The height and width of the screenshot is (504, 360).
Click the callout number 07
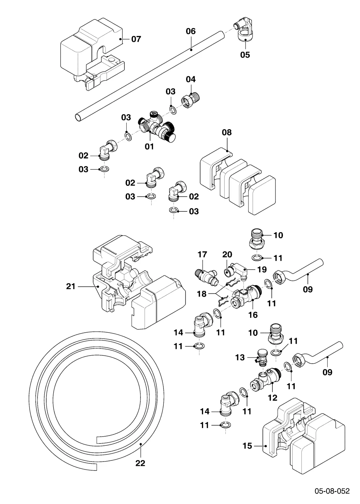136,39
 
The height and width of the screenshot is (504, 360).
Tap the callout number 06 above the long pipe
190,31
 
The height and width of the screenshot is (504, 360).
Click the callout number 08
226,132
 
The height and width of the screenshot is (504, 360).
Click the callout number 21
71,287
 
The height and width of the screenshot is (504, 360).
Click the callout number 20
227,255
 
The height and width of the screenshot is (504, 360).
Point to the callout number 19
262,269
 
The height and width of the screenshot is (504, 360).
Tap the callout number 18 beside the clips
202,294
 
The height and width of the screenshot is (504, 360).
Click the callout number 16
253,315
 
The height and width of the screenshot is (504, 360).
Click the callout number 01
149,147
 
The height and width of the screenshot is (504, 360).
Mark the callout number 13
240,357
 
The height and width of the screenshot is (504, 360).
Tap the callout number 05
245,55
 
